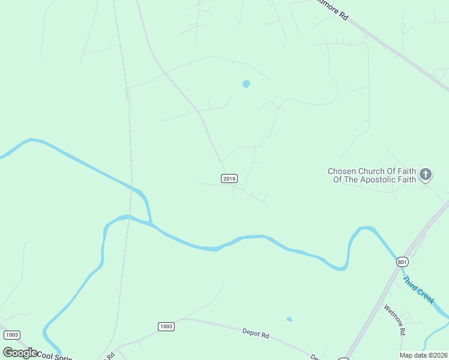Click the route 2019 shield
(x=229, y=178)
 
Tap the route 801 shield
(x=402, y=262)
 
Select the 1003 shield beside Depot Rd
(x=166, y=326)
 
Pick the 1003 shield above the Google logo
(x=11, y=335)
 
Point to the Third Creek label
(x=418, y=289)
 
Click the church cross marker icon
(x=426, y=175)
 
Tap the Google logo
(x=20, y=353)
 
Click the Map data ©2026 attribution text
(x=423, y=355)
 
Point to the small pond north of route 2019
(x=246, y=84)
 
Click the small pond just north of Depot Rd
(x=289, y=319)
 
